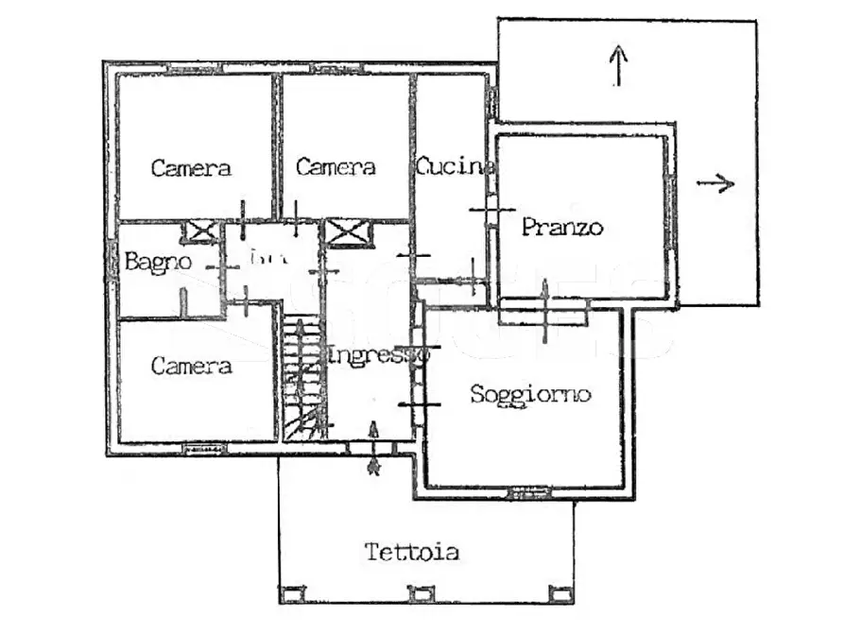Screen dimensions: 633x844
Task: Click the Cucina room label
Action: point(455,166)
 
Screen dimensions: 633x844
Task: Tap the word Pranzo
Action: point(561,228)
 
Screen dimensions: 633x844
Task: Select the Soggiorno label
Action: point(530,394)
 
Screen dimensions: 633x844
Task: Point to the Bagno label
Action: point(158,262)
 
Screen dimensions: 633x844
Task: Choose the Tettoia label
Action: point(412,552)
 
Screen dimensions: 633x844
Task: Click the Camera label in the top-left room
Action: point(191,168)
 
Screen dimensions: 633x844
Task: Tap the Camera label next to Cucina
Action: point(336,167)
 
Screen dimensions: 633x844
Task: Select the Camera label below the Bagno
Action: point(191,366)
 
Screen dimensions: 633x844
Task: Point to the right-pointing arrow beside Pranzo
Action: point(715,183)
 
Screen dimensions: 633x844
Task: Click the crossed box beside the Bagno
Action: point(201,231)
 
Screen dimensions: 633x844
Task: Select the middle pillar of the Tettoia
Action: point(419,594)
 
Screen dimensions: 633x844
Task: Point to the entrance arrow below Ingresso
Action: point(373,465)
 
